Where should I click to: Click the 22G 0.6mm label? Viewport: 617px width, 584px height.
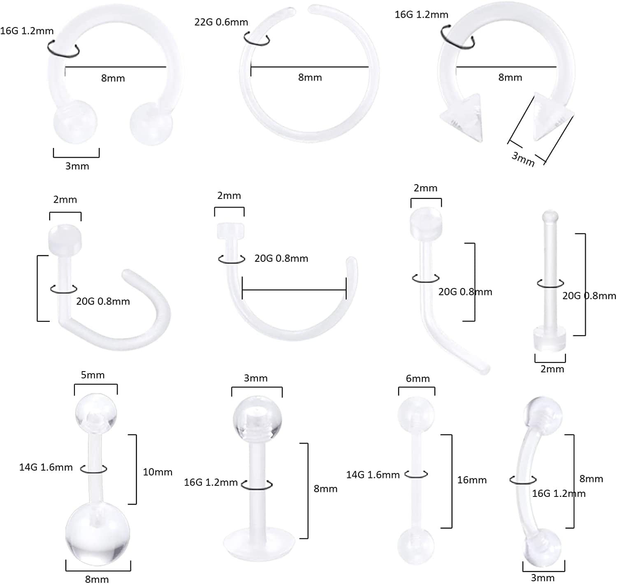(221, 22)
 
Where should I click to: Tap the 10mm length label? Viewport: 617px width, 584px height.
(157, 472)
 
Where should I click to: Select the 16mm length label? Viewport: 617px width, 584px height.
(472, 480)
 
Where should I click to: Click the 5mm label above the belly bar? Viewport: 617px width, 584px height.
(93, 375)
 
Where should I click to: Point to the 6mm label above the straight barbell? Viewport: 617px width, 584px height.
(418, 379)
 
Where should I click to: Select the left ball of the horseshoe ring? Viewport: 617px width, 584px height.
(76, 122)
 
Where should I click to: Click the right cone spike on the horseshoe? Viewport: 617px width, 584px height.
(551, 117)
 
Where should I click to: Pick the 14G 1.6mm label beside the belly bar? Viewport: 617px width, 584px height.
(46, 467)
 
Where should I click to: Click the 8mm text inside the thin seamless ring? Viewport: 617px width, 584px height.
(310, 77)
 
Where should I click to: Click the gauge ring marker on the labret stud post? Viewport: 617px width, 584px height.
(257, 485)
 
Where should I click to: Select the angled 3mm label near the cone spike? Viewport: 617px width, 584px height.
(523, 158)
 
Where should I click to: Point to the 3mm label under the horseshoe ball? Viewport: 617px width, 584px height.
(77, 166)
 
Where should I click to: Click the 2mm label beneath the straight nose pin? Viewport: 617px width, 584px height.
(552, 369)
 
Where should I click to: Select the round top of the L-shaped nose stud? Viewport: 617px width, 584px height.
(426, 223)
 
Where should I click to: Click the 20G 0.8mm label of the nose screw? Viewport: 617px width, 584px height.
(103, 301)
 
